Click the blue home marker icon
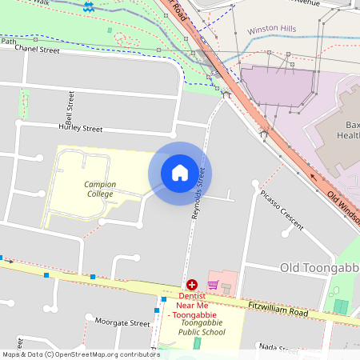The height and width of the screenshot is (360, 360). pyautogui.click(x=180, y=173)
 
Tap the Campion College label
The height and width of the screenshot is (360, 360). pyautogui.click(x=100, y=189)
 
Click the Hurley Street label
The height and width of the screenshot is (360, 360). pyautogui.click(x=80, y=128)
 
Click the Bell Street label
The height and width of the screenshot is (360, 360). pyautogui.click(x=70, y=102)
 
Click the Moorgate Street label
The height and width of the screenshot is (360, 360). pyautogui.click(x=122, y=323)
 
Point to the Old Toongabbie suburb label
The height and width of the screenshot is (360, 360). pyautogui.click(x=318, y=266)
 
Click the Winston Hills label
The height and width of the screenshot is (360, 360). pyautogui.click(x=272, y=29)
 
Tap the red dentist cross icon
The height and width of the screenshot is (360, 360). pyautogui.click(x=192, y=284)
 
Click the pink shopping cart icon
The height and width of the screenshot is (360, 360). pyautogui.click(x=213, y=285)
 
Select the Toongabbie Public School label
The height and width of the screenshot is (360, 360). pyautogui.click(x=197, y=327)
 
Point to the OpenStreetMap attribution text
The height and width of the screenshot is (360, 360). pyautogui.click(x=81, y=354)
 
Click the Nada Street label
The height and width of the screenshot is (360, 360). pyautogui.click(x=275, y=348)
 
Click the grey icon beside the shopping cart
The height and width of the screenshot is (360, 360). pyautogui.click(x=226, y=287)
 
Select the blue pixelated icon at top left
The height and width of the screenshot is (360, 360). pyautogui.click(x=87, y=6)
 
